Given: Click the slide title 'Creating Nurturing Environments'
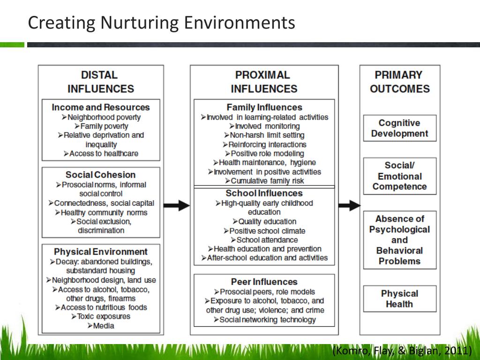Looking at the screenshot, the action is click(x=161, y=22).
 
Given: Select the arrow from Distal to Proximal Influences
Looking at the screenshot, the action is click(x=177, y=205).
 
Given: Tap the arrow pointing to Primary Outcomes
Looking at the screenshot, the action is click(x=349, y=205).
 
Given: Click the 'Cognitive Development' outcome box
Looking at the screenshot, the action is click(x=400, y=128).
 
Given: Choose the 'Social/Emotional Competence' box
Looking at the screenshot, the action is click(x=400, y=176).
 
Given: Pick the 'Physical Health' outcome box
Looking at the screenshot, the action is click(x=400, y=299).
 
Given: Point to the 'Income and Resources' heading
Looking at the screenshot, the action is click(x=101, y=107).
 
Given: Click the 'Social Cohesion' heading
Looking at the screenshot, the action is click(x=101, y=175).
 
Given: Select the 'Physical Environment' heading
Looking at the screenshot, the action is click(x=101, y=252).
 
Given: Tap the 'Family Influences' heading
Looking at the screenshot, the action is click(x=264, y=107).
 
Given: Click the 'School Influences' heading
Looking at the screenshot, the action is click(x=264, y=193).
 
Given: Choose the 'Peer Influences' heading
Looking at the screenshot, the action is click(x=264, y=282).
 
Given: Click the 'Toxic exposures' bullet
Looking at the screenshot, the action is click(x=101, y=316).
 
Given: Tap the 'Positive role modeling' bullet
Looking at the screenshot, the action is click(x=264, y=153).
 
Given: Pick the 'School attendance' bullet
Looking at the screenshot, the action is click(x=264, y=240).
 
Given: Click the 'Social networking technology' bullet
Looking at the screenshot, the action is click(x=264, y=320).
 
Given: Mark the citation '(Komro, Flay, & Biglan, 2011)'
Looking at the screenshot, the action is click(x=402, y=351).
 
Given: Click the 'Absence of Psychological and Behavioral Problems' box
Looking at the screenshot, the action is click(x=400, y=240).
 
